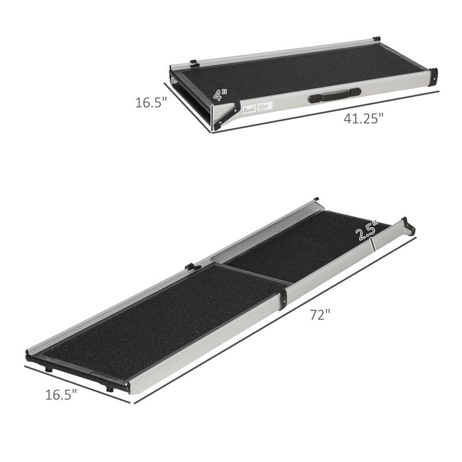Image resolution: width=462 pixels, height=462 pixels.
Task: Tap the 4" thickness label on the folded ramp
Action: (219, 94)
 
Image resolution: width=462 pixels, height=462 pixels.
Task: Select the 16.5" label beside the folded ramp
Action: (151, 103)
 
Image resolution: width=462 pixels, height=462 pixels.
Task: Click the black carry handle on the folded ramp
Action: (335, 95)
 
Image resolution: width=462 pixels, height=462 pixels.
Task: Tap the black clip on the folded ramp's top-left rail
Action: (193, 61)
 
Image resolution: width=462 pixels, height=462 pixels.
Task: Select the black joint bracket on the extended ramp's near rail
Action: (282, 300)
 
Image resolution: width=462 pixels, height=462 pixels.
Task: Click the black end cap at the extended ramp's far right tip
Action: (408, 226)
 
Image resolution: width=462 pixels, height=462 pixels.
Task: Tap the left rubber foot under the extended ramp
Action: (49, 369)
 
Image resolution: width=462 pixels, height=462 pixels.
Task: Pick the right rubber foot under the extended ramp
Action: (109, 389)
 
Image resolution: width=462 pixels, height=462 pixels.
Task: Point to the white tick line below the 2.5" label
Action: (374, 245)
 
